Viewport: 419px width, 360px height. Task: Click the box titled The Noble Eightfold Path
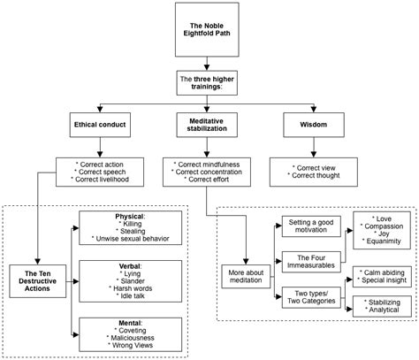(x=207, y=29)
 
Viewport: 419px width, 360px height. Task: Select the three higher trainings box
(x=207, y=83)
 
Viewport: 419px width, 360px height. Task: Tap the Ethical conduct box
(x=100, y=125)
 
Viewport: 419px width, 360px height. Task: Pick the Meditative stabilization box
(x=207, y=125)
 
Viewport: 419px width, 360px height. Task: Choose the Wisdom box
(x=314, y=125)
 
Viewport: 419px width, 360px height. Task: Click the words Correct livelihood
(x=102, y=180)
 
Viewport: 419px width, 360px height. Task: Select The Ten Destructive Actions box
(x=38, y=281)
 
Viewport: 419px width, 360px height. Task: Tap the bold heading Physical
(x=129, y=217)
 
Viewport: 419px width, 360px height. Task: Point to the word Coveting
(x=133, y=331)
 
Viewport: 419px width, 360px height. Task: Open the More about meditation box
(x=246, y=276)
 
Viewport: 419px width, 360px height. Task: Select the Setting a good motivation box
(x=311, y=226)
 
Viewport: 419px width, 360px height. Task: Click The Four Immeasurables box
(x=311, y=262)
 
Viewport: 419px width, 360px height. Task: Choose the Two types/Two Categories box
(x=311, y=297)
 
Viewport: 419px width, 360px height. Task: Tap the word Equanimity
(x=384, y=241)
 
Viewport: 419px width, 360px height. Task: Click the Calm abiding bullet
(x=382, y=272)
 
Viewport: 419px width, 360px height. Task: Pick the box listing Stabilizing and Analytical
(x=382, y=306)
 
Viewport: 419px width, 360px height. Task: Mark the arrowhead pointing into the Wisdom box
(x=314, y=110)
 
